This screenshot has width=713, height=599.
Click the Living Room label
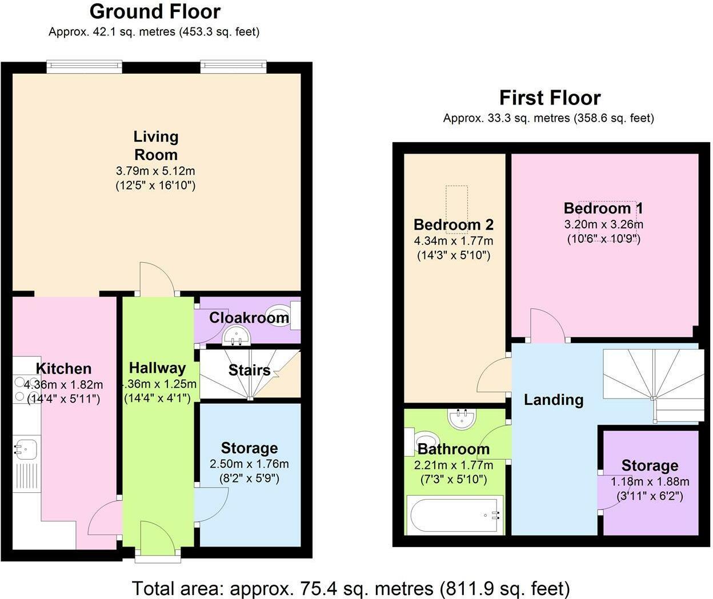point(155,146)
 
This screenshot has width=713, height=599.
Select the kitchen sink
point(25,448)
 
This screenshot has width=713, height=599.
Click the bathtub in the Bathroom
point(454,514)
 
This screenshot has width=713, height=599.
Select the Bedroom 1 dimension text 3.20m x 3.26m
point(604,224)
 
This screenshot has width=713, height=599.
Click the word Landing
point(553,400)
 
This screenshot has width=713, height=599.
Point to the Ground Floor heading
point(155,11)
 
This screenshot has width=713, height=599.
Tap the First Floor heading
point(550,98)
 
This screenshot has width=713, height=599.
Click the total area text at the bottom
point(351,588)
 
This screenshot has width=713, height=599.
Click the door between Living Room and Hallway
point(158,280)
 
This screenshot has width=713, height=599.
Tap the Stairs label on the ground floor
point(249,370)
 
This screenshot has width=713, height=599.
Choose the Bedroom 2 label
point(453,224)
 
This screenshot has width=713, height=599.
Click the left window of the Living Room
point(84,67)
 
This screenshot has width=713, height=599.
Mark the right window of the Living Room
point(233,67)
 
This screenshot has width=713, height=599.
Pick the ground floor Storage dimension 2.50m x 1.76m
point(249,464)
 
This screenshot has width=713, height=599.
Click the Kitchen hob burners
point(21,388)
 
